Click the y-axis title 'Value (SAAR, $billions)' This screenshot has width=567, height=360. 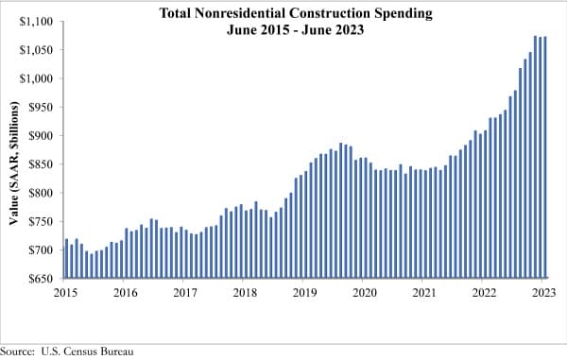pyautogui.click(x=12, y=150)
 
